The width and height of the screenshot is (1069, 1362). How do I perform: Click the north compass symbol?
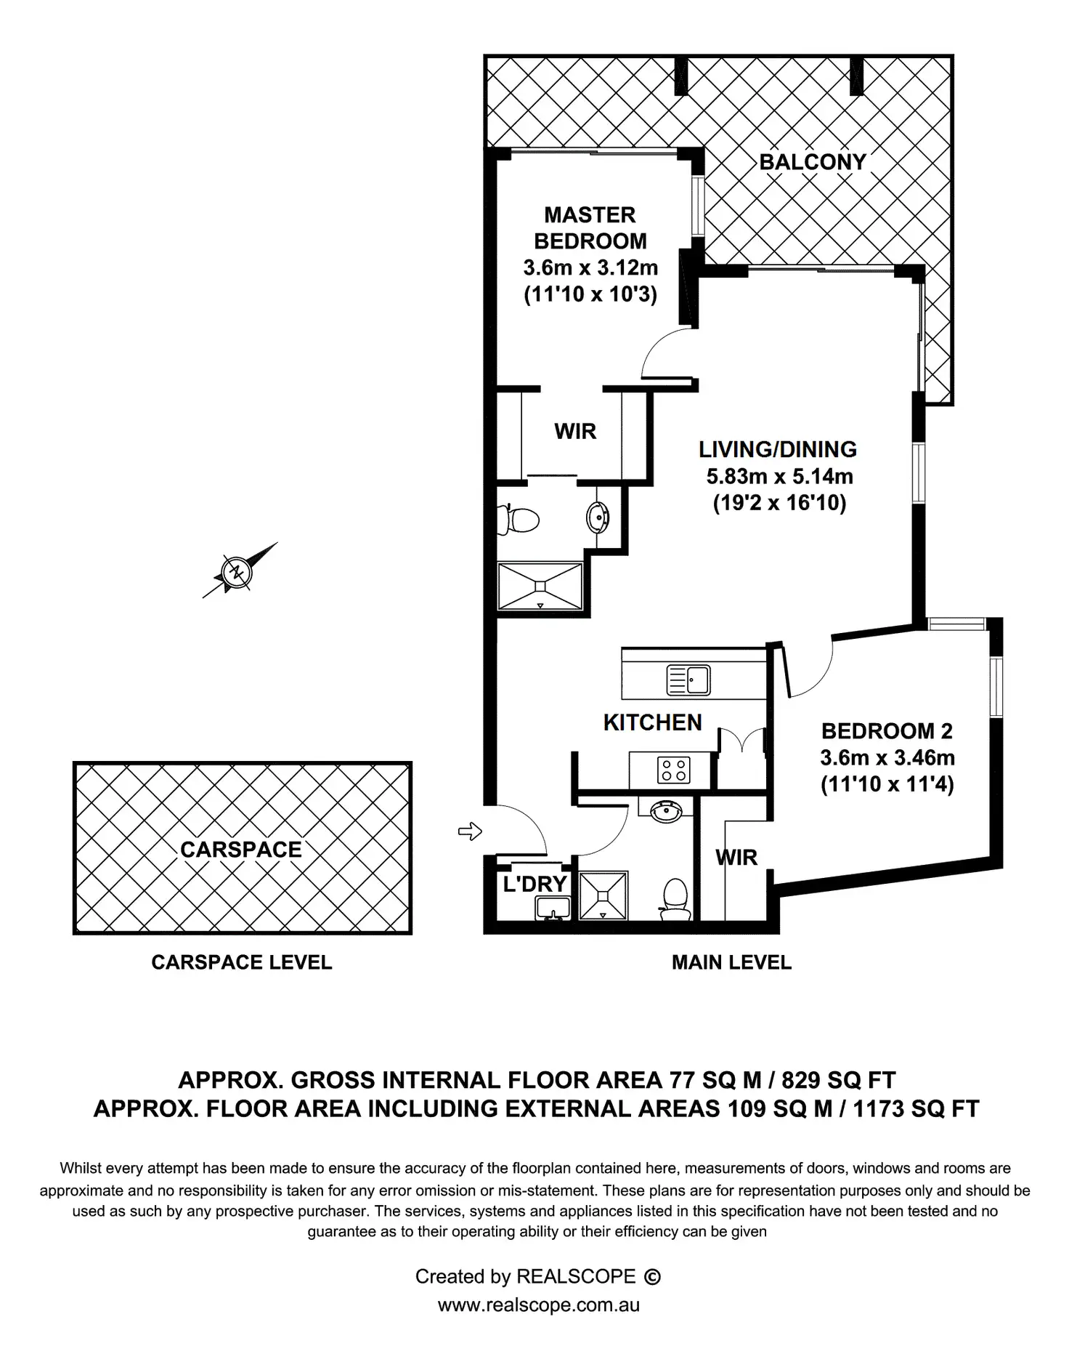click(236, 571)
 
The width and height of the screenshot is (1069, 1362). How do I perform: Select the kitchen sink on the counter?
click(688, 680)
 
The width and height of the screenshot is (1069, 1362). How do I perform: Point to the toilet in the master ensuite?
click(519, 520)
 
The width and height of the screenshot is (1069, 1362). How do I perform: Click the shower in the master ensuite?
click(540, 585)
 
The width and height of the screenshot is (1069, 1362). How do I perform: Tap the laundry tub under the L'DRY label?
click(553, 907)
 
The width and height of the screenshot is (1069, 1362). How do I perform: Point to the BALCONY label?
click(813, 162)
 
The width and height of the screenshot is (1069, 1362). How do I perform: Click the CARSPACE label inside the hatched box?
click(241, 850)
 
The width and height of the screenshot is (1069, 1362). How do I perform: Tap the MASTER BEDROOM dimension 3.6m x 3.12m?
click(590, 267)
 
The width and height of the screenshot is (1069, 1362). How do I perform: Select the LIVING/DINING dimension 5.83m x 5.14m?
click(779, 477)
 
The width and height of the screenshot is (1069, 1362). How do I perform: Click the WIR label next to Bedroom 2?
click(736, 858)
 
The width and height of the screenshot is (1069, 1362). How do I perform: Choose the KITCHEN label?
click(652, 722)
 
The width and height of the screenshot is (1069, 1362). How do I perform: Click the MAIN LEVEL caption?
click(731, 962)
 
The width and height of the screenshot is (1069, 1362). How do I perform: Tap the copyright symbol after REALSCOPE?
click(652, 1276)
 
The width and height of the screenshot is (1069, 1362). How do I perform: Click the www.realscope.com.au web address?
click(538, 1305)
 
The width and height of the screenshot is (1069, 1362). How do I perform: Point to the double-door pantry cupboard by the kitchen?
click(742, 759)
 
